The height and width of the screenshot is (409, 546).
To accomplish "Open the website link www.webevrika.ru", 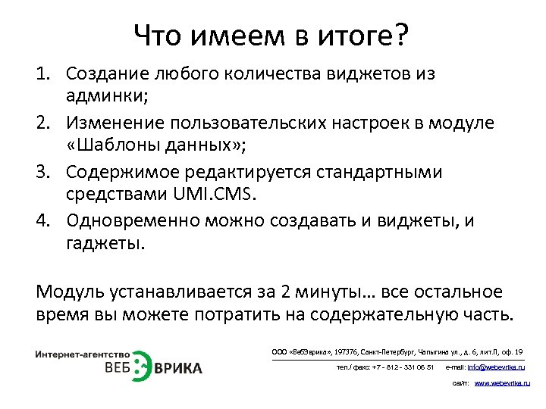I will pos(502,384).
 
